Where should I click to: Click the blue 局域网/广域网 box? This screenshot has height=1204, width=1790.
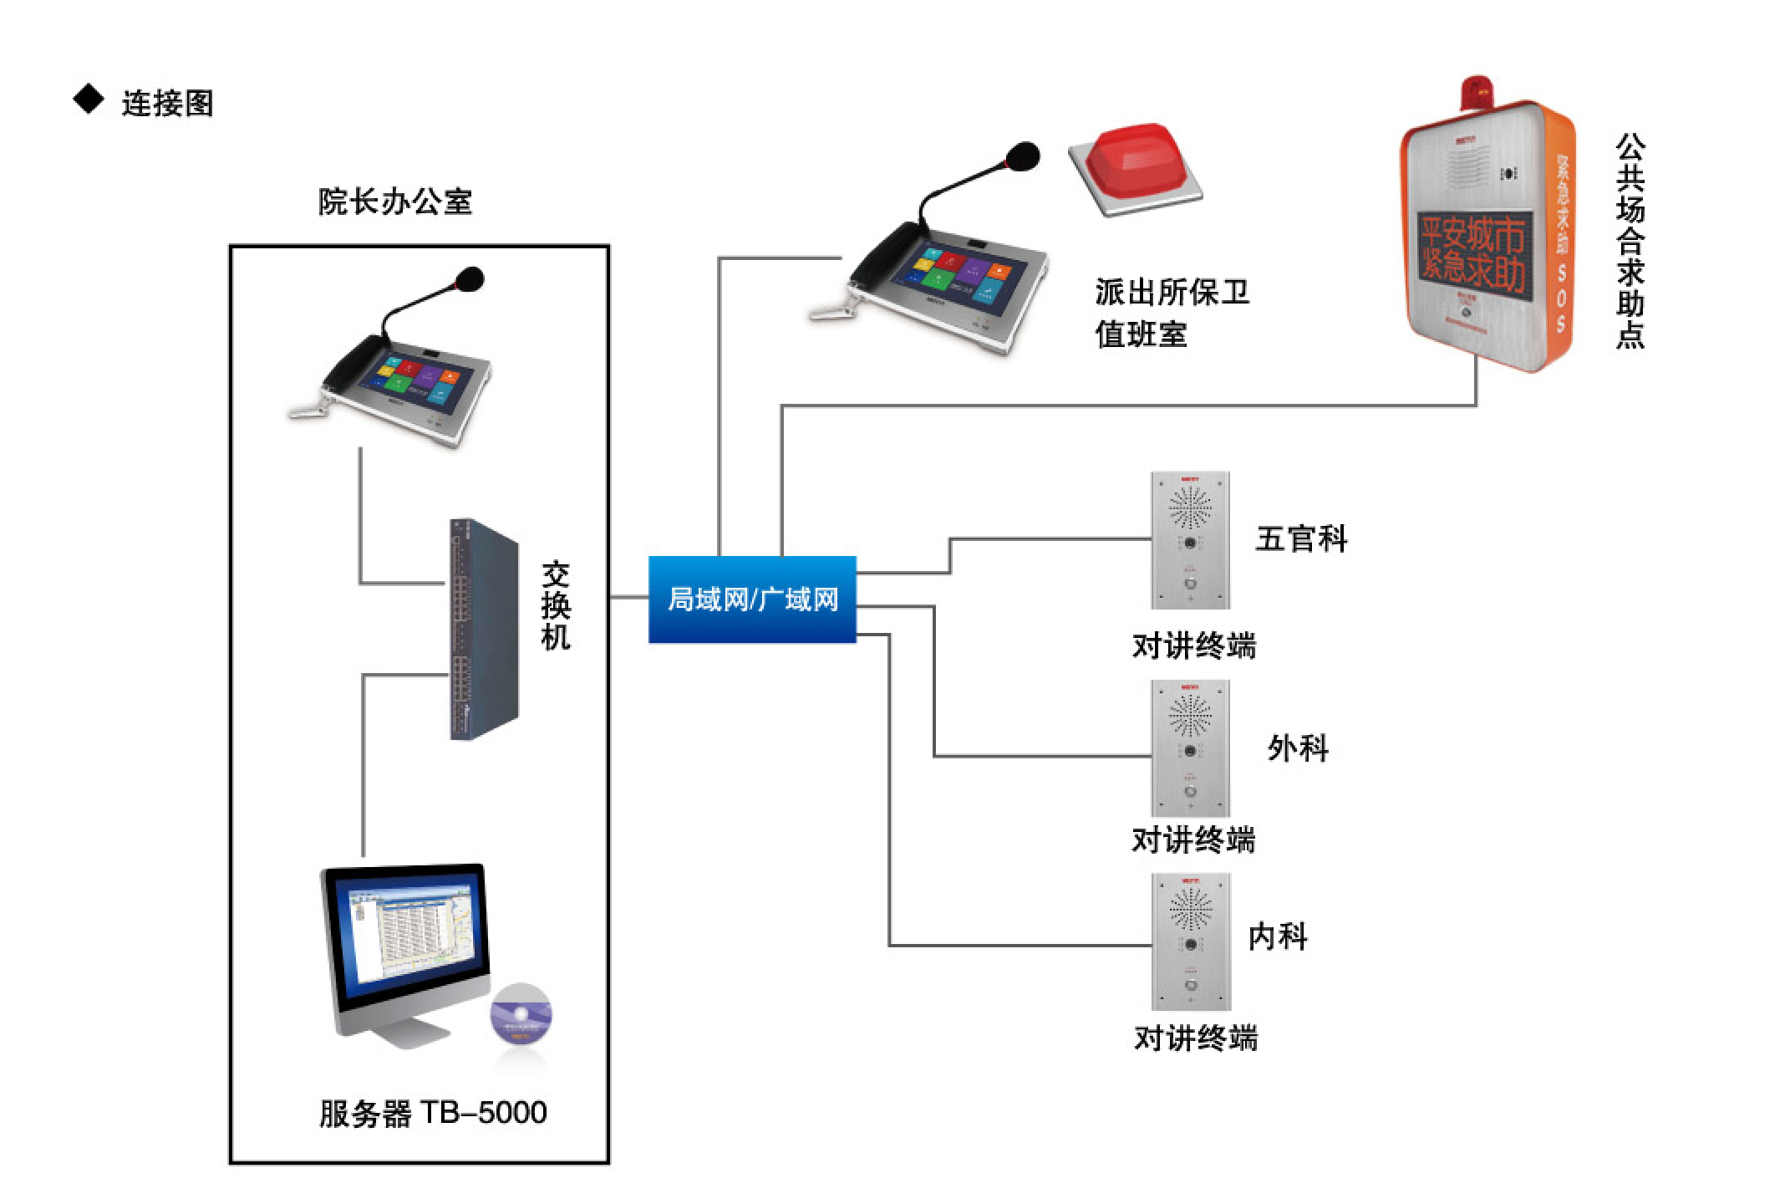(752, 599)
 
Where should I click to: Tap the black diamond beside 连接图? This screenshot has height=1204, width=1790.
(89, 99)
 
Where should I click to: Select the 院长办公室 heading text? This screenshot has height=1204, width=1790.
(394, 202)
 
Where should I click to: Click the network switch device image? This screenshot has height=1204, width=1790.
(483, 629)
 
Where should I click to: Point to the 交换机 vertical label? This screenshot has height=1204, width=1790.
(556, 605)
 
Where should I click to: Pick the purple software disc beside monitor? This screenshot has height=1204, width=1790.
(521, 1014)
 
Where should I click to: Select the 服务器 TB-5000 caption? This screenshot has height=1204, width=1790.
(432, 1113)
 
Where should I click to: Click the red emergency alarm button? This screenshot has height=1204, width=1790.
(1133, 163)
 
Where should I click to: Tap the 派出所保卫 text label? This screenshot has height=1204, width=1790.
(1172, 293)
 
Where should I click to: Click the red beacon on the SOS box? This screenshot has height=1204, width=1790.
(1477, 90)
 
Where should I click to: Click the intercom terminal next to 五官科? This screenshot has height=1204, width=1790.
(1190, 540)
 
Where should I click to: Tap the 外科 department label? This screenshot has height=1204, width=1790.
(1297, 747)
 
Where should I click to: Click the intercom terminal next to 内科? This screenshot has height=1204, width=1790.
(1190, 941)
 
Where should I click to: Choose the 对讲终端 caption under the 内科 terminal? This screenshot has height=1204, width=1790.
(1195, 1038)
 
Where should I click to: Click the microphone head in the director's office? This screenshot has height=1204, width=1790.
(470, 279)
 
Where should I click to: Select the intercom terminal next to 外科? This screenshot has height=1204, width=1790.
(1190, 747)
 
